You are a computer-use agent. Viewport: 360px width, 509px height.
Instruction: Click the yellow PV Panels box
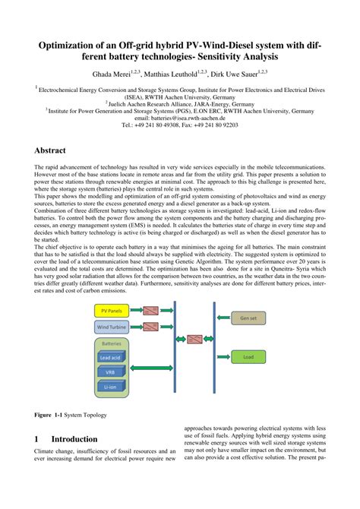click(111, 310)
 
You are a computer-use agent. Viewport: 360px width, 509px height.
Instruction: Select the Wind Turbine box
click(111, 327)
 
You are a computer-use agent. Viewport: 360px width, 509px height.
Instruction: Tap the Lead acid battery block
click(112, 357)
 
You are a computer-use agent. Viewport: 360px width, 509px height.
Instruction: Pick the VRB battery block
click(112, 373)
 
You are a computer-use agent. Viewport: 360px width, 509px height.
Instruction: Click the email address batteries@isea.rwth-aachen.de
click(179, 118)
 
